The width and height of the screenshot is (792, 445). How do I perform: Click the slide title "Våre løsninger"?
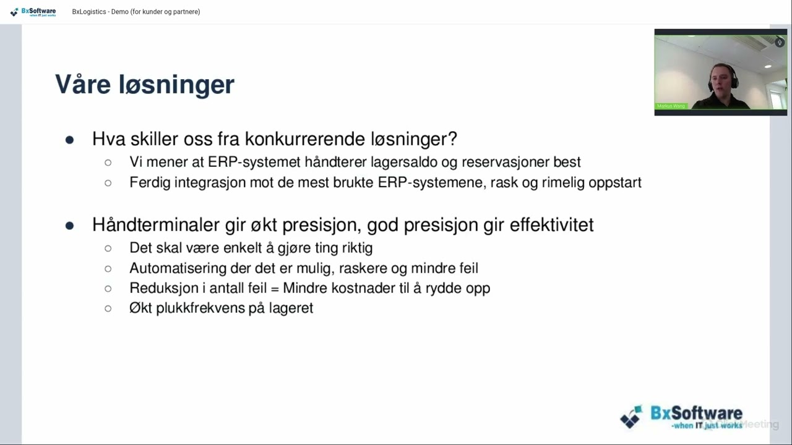(x=145, y=85)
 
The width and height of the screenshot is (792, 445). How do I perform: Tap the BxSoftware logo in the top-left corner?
(x=33, y=12)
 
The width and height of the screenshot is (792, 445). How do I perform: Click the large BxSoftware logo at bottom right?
(x=681, y=417)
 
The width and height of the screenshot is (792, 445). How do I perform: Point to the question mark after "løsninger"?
(x=454, y=139)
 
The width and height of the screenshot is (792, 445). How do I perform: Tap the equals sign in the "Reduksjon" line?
(x=275, y=289)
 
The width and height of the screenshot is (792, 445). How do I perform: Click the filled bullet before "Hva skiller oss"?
(x=69, y=140)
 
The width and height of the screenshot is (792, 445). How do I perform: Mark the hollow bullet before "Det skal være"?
(x=108, y=248)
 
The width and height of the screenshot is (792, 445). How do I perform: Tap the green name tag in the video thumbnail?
(x=671, y=106)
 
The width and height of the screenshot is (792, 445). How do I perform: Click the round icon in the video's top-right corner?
(x=780, y=43)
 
